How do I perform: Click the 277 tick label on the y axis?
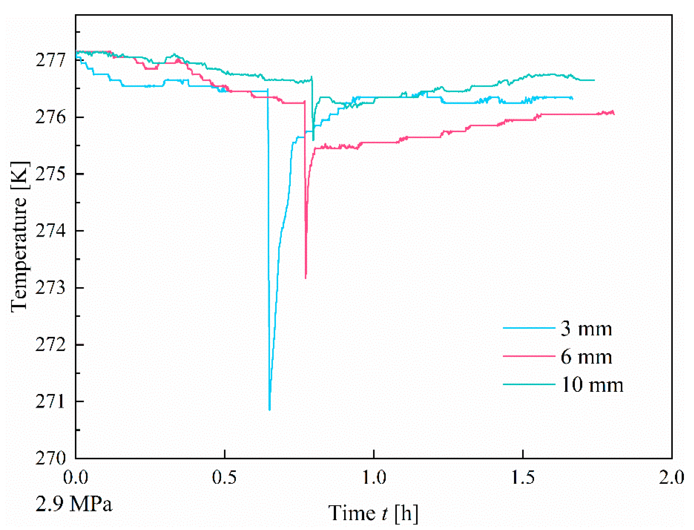pos(50,60)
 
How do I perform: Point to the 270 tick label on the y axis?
pos(50,458)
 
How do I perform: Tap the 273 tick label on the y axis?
pos(50,287)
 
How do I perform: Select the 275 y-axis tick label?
pos(50,174)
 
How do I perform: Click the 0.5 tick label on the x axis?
pos(224,477)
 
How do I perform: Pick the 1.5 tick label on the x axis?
pos(523,477)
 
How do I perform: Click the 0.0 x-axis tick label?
pos(75,477)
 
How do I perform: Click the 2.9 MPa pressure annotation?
pos(74,504)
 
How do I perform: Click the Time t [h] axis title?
pos(373,513)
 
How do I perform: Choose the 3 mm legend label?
pos(586,329)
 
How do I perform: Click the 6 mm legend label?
pos(586,357)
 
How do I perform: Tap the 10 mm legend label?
pos(592,385)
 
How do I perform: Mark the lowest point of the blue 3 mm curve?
pos(270,410)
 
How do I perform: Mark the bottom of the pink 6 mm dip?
pos(306,278)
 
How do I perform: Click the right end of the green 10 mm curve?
pos(594,80)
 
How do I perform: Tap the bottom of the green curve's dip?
pos(313,140)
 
